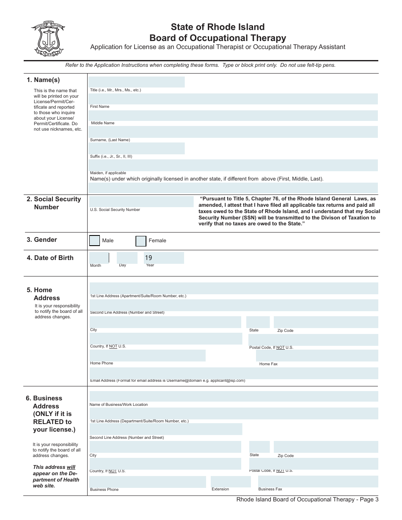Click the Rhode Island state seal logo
click(x=47, y=38)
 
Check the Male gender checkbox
click(x=95, y=241)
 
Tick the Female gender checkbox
click(x=141, y=241)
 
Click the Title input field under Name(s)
click(x=137, y=82)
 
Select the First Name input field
click(x=233, y=99)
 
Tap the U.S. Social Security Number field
click(x=141, y=202)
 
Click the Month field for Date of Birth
click(x=99, y=257)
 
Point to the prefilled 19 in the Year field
click(x=149, y=257)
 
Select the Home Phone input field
click(x=147, y=355)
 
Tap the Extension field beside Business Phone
click(x=231, y=482)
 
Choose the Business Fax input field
click(x=318, y=482)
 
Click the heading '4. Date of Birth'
click(x=50, y=258)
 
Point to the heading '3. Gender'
click(x=42, y=240)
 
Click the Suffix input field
click(x=137, y=148)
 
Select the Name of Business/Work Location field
click(x=234, y=396)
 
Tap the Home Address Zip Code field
click(x=325, y=322)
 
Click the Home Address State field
click(x=258, y=322)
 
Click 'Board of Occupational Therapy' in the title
click(x=218, y=38)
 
